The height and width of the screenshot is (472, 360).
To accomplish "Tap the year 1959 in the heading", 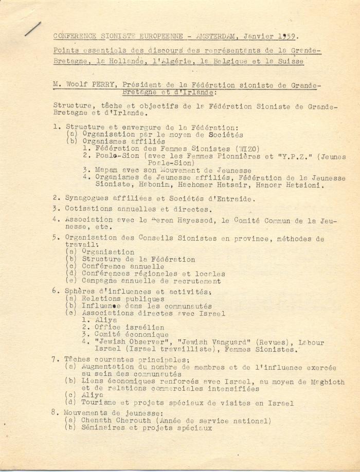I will [286, 36].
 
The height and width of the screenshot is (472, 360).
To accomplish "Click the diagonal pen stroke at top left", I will [33, 28].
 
